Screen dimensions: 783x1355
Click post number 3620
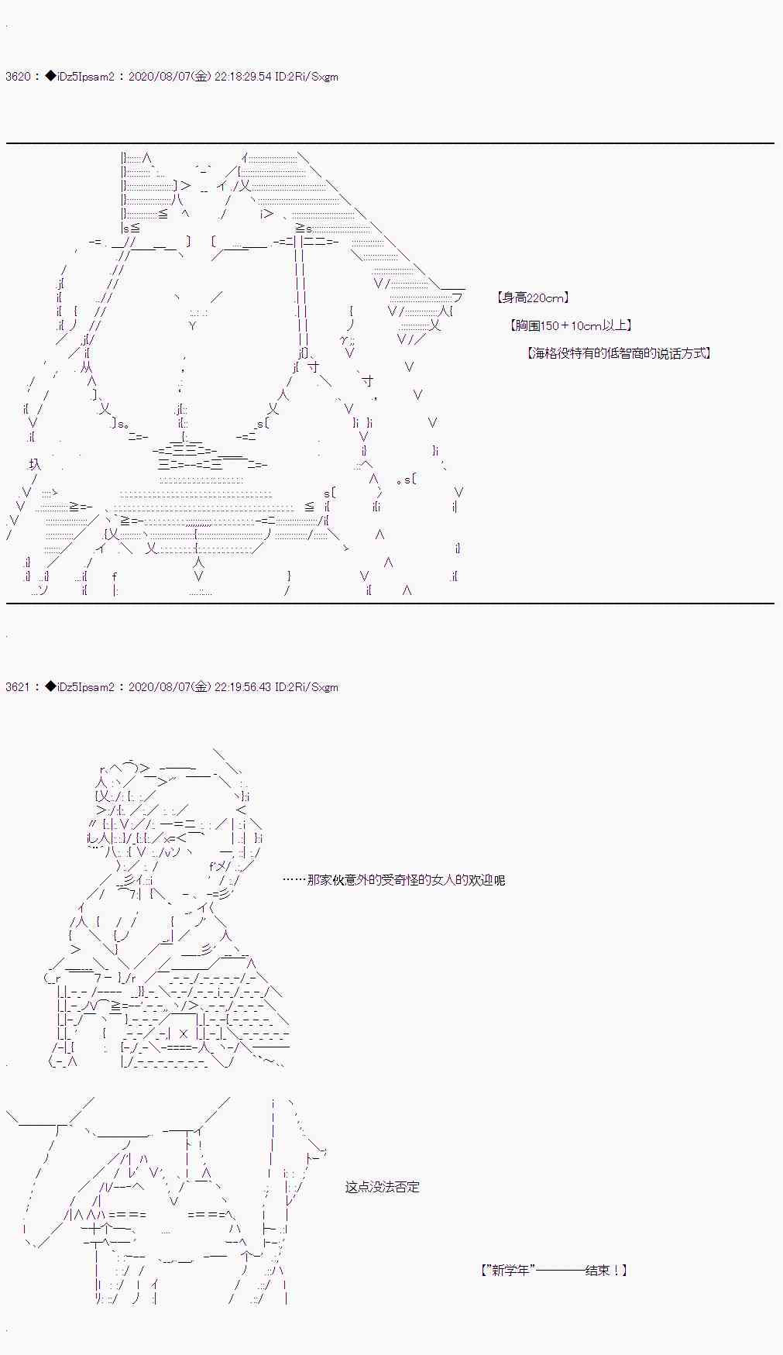(18, 77)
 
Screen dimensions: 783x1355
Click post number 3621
(18, 687)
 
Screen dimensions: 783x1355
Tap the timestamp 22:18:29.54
(243, 77)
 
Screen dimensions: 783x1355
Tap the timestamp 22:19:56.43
(243, 687)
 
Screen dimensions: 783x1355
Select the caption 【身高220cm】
(534, 297)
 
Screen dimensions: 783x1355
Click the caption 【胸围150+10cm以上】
(572, 325)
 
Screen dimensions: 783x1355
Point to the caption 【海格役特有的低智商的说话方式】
(619, 353)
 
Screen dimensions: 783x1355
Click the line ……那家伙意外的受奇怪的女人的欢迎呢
(393, 880)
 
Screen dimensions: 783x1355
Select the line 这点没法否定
(383, 1187)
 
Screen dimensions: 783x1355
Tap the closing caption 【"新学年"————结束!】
(553, 1271)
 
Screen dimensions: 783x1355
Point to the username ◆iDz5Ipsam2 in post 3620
(80, 77)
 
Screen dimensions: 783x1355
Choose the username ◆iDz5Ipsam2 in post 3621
(80, 687)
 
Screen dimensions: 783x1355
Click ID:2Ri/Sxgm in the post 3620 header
(307, 77)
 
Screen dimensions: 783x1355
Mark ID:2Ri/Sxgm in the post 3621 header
(307, 687)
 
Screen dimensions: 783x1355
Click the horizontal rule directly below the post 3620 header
(390, 143)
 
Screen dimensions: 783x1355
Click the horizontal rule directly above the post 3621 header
(390, 603)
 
